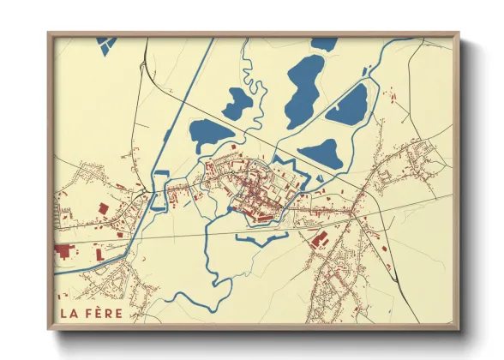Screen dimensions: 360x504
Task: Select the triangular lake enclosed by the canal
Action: click(x=346, y=105)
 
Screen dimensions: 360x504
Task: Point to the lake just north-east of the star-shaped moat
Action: click(x=321, y=154)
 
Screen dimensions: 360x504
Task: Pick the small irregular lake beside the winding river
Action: click(x=237, y=104)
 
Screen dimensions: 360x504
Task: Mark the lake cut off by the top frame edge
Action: click(x=324, y=43)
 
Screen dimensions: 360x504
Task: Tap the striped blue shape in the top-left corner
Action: click(x=106, y=44)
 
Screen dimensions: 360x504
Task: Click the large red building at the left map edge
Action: click(x=65, y=251)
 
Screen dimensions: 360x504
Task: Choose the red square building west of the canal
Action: click(x=103, y=208)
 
